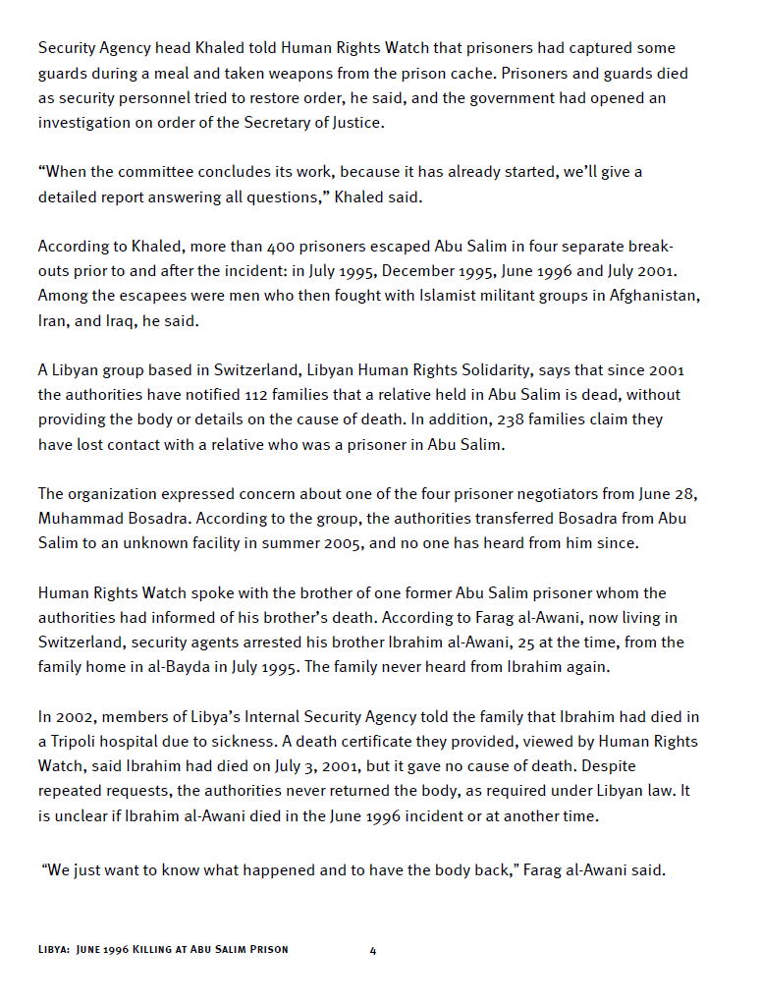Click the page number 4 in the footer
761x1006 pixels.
coord(373,950)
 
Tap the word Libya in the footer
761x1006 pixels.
coord(52,950)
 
